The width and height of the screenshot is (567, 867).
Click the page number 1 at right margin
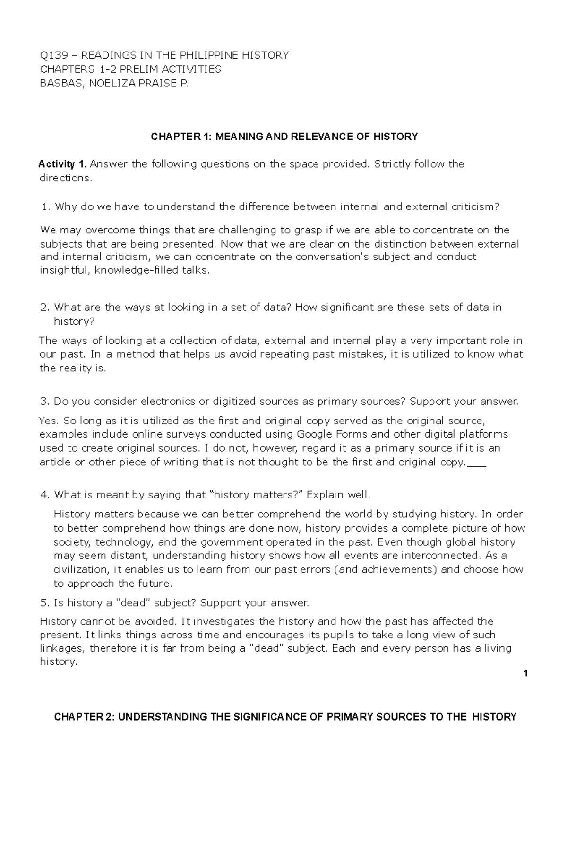click(x=525, y=673)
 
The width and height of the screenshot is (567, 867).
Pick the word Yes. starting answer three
click(x=49, y=421)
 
